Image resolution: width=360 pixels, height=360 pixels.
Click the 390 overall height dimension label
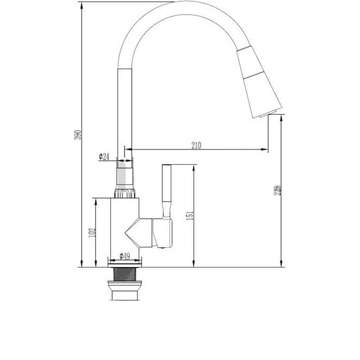tap(78, 135)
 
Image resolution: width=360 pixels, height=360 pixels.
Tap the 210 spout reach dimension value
tap(196, 146)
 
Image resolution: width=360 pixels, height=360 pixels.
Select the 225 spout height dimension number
tap(277, 190)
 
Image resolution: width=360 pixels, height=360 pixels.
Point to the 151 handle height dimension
tap(190, 216)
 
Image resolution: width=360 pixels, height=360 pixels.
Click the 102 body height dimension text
tap(92, 232)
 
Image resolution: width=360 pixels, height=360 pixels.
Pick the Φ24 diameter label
tap(104, 157)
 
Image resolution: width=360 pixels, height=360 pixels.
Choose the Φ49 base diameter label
tap(125, 256)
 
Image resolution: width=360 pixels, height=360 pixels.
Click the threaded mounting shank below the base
tap(125, 274)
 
